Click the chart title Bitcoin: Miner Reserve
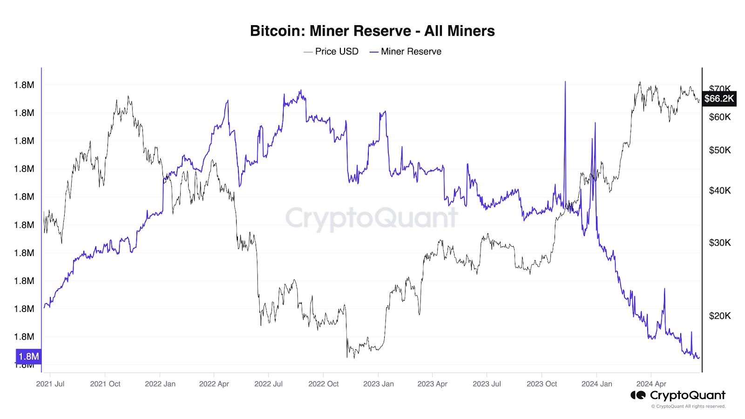coord(372,31)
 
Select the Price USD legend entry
coord(331,52)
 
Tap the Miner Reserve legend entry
coord(406,52)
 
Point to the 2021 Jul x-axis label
coord(50,384)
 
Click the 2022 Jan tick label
coord(160,384)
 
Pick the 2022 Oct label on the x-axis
coord(324,384)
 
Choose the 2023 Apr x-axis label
coord(432,384)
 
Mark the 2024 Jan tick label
coord(596,384)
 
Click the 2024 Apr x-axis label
coord(651,384)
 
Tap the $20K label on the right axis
coord(720,316)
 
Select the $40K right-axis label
coord(720,190)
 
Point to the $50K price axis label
coord(720,150)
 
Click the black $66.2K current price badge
coord(719,99)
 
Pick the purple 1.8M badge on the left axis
coord(28,357)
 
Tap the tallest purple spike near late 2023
coord(565,83)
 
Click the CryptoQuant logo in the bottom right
coord(678,395)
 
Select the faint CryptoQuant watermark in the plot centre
coord(372,218)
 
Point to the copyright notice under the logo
coord(688,406)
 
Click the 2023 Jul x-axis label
coord(487,384)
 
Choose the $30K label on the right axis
coord(720,243)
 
